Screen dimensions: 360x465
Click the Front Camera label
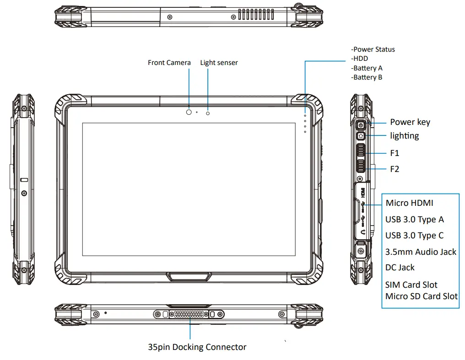click(169, 62)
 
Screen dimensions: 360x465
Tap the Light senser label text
click(219, 62)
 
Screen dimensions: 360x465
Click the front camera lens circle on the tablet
click(189, 112)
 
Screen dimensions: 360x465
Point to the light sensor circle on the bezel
click(208, 113)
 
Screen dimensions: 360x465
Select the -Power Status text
click(373, 49)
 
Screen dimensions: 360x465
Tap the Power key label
click(410, 122)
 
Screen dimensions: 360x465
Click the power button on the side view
click(361, 125)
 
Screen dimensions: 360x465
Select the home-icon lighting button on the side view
click(361, 135)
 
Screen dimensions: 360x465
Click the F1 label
click(395, 153)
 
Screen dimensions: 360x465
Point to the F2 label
click(395, 169)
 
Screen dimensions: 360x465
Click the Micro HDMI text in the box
click(409, 203)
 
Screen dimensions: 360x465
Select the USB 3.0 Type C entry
click(414, 236)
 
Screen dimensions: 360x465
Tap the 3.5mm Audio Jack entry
click(421, 252)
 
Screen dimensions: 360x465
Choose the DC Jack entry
click(400, 268)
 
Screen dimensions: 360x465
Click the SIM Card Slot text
click(411, 285)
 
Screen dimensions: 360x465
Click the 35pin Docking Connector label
click(197, 347)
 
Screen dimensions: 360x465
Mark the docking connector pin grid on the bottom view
click(189, 315)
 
